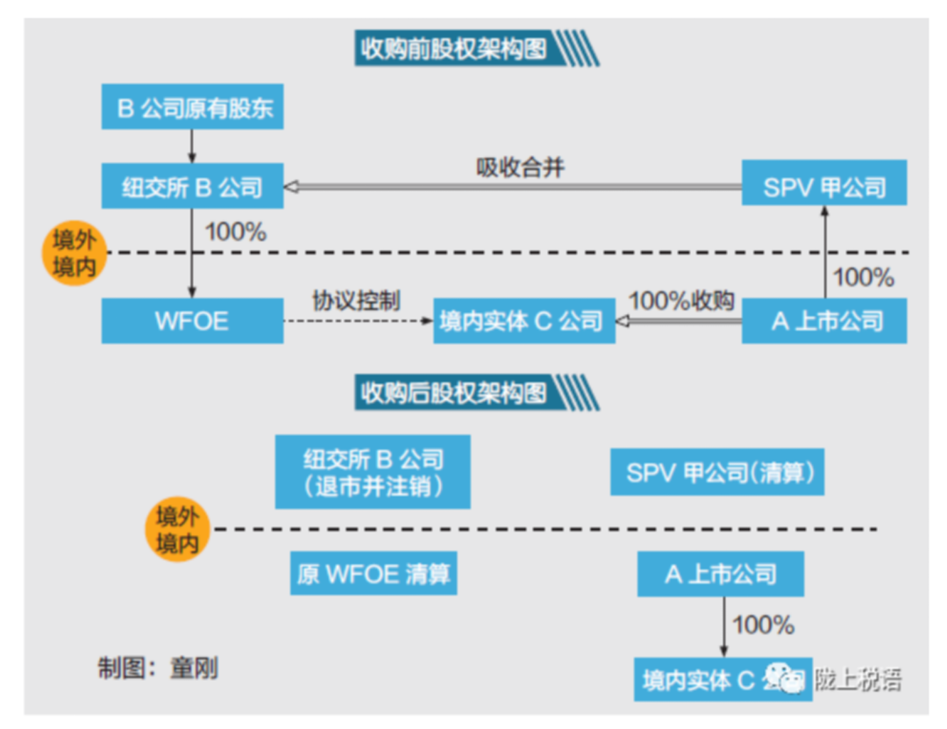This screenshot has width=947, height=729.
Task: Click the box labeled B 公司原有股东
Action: coord(194,108)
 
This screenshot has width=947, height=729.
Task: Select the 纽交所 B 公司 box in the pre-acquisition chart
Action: coord(193,186)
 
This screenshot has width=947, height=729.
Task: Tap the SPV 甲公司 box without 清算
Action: coord(824,186)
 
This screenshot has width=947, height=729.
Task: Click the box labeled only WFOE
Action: coord(192,320)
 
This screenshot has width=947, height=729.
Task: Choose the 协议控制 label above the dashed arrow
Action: coord(357,300)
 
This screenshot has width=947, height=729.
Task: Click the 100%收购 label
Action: coord(682,300)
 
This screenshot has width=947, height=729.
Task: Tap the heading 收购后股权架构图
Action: coord(452,391)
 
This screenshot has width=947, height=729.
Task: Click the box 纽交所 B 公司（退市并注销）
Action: coord(373,471)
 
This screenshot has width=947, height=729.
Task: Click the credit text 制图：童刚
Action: coord(158,668)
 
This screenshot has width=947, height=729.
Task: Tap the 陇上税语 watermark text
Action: coord(857,678)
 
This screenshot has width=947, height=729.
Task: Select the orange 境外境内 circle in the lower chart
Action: coord(177,530)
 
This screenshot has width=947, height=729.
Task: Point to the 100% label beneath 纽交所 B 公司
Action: coord(235,233)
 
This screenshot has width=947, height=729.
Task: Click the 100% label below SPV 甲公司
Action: coord(863,277)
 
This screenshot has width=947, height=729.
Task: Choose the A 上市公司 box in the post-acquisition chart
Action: coord(721,574)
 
